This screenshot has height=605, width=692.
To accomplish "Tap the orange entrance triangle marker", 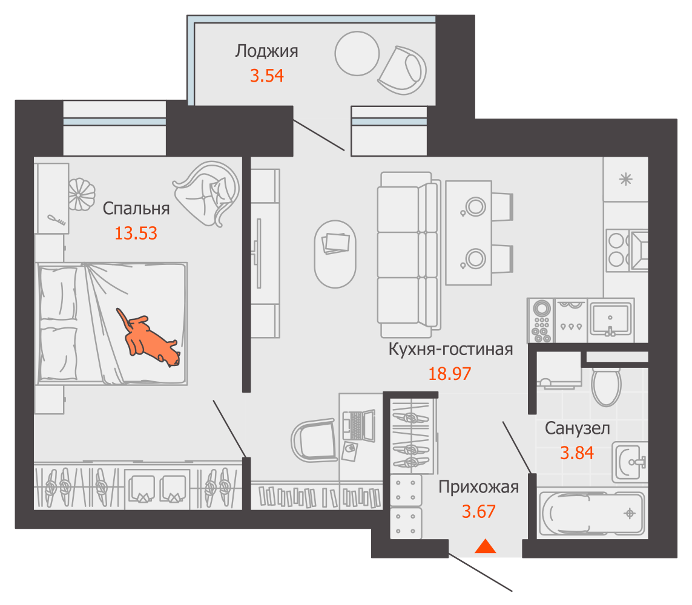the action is click(x=486, y=546).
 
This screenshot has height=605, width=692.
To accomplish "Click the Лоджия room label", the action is click(x=266, y=51).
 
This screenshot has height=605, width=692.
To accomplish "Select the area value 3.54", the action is click(x=266, y=76).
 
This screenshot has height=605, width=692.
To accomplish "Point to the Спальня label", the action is click(x=136, y=209).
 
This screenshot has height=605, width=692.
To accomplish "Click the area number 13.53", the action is click(x=136, y=234).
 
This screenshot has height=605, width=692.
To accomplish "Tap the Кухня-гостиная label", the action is click(x=450, y=349).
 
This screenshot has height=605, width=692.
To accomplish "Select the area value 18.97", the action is click(x=450, y=374).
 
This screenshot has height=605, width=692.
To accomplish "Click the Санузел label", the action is click(x=577, y=428).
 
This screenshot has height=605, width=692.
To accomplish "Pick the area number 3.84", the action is click(x=577, y=453).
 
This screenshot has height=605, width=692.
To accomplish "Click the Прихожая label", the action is click(x=478, y=488).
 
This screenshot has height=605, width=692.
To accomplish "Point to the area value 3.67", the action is click(x=478, y=511).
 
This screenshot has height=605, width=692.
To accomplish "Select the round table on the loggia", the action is click(x=357, y=53).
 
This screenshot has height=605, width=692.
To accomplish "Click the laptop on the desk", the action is click(x=358, y=425).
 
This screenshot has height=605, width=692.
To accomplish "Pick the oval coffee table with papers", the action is click(x=335, y=254).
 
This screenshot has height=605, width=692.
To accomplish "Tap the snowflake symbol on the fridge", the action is click(x=626, y=180).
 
